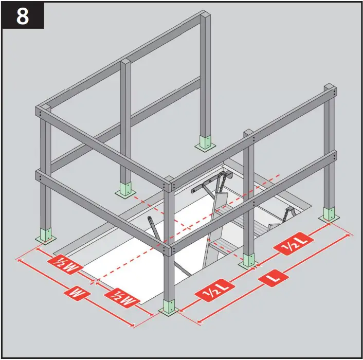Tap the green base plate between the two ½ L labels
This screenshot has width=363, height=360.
coord(248,260)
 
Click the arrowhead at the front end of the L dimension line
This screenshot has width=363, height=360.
coord(199,321)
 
